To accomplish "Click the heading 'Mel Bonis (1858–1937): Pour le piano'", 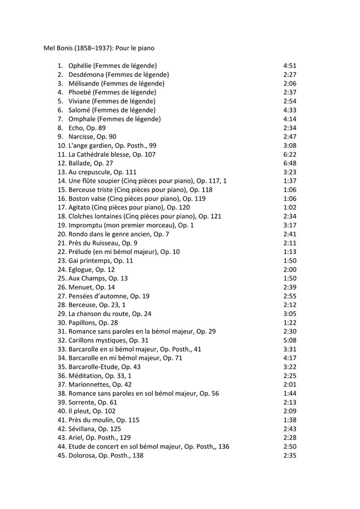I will (99, 48).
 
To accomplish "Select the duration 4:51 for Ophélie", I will (290, 66).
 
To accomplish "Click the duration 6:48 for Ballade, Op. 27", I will (290, 163).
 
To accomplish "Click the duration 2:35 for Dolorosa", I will (290, 456).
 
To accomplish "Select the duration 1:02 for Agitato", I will (290, 208).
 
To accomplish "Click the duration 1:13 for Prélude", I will (290, 252).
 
